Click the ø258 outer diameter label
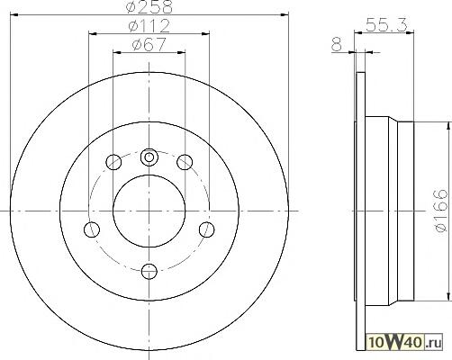point(149,6)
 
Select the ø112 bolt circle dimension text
point(149,26)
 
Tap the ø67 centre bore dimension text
point(149,45)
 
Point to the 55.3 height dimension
point(386,24)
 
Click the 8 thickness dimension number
point(337,44)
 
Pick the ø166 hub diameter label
point(440,211)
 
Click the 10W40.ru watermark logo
point(405,342)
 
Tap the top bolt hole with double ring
point(149,157)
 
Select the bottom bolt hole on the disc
point(149,271)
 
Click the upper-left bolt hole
point(113,162)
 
